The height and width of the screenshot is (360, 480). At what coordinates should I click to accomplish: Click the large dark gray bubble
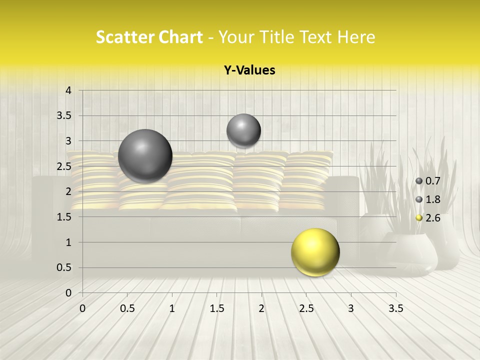pyautogui.click(x=145, y=156)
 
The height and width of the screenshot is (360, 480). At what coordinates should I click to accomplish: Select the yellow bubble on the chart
pyautogui.click(x=315, y=252)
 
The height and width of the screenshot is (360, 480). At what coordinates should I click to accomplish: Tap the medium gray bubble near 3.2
pyautogui.click(x=243, y=130)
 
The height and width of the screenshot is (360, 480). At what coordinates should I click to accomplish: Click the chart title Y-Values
pyautogui.click(x=249, y=70)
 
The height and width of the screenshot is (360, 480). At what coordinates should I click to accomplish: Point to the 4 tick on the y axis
pyautogui.click(x=68, y=90)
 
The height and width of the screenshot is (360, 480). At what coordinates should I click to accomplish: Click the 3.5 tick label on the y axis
pyautogui.click(x=65, y=115)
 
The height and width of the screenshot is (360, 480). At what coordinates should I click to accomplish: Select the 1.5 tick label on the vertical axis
pyautogui.click(x=65, y=217)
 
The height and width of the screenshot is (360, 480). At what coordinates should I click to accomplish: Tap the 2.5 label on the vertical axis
pyautogui.click(x=65, y=166)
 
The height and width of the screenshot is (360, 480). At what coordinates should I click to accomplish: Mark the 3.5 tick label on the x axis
pyautogui.click(x=395, y=308)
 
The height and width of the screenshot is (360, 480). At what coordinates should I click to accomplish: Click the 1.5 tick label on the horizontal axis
pyautogui.click(x=216, y=308)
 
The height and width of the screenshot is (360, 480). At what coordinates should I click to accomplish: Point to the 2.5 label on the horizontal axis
pyautogui.click(x=306, y=308)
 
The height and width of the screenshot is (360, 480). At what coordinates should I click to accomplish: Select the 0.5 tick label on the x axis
pyautogui.click(x=127, y=308)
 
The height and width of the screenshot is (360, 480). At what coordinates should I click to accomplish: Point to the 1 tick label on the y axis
pyautogui.click(x=68, y=242)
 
